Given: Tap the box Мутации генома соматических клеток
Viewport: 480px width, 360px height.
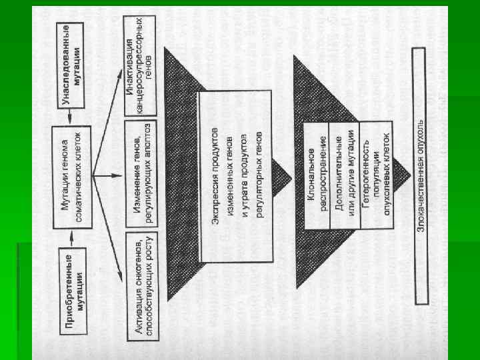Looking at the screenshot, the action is pos(75,176).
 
